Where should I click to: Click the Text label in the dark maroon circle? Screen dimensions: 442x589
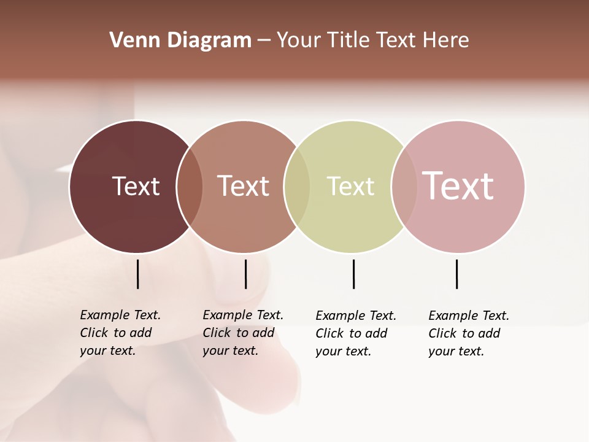click(x=136, y=186)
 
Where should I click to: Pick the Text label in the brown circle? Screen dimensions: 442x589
click(x=244, y=186)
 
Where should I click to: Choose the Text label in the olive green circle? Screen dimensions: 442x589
click(x=350, y=186)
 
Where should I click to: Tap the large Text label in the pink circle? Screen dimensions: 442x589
click(x=458, y=185)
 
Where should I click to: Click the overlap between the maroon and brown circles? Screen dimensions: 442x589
click(x=190, y=187)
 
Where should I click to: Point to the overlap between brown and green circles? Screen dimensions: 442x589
click(x=297, y=187)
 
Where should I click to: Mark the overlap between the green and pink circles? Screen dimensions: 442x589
click(x=404, y=187)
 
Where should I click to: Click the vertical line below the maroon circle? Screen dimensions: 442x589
click(x=137, y=274)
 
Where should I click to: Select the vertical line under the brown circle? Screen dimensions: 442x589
click(x=245, y=274)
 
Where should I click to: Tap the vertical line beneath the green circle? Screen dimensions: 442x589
click(x=353, y=274)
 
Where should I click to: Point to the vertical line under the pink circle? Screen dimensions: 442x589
click(x=456, y=274)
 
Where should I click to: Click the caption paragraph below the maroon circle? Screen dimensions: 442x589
click(x=120, y=333)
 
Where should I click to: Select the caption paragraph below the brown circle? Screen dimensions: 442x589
click(x=242, y=333)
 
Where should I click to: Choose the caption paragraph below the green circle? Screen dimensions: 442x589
click(x=355, y=333)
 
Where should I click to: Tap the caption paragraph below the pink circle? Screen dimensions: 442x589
click(x=468, y=333)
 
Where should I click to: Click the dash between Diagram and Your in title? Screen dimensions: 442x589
click(x=264, y=41)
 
